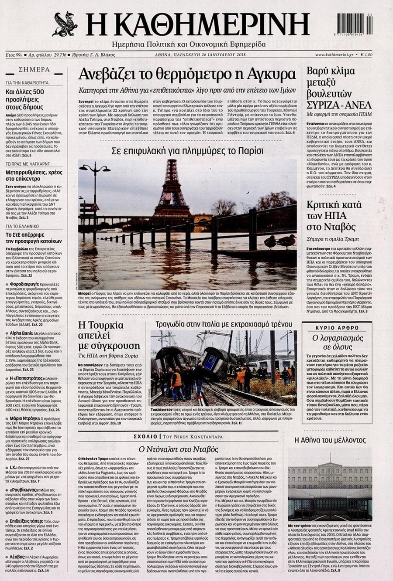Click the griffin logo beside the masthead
point(64,24)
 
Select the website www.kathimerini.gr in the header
point(334,54)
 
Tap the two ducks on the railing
point(280,241)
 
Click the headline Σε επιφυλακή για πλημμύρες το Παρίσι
point(187,151)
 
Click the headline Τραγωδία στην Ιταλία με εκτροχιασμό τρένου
point(224,324)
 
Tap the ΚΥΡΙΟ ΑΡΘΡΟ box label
point(343,327)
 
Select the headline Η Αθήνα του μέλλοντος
point(330,440)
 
